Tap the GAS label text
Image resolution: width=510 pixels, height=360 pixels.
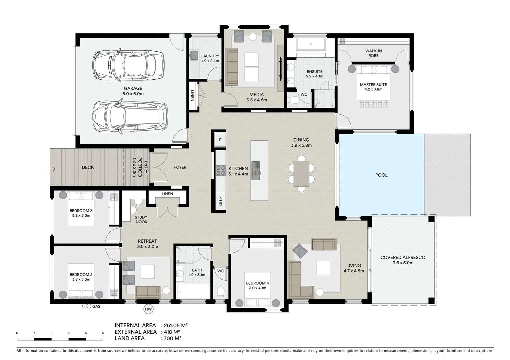[96, 306]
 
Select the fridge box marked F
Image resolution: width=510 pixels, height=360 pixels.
[220, 140]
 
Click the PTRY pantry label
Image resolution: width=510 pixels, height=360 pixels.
[220, 201]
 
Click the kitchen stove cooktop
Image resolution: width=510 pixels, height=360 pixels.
[220, 170]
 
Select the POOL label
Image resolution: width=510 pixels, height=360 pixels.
[381, 175]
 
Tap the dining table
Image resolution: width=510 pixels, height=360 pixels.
[301, 174]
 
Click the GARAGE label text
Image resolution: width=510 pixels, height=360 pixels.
[133, 88]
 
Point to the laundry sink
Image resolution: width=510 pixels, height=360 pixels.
[194, 56]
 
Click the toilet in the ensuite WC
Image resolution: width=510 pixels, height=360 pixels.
[293, 99]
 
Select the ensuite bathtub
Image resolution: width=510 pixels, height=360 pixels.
[311, 44]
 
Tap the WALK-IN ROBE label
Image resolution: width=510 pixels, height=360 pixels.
[373, 53]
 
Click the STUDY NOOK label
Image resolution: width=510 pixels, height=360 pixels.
[141, 219]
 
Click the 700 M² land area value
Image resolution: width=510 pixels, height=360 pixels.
[172, 338]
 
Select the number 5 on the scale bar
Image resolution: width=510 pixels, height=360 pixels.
[103, 333]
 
